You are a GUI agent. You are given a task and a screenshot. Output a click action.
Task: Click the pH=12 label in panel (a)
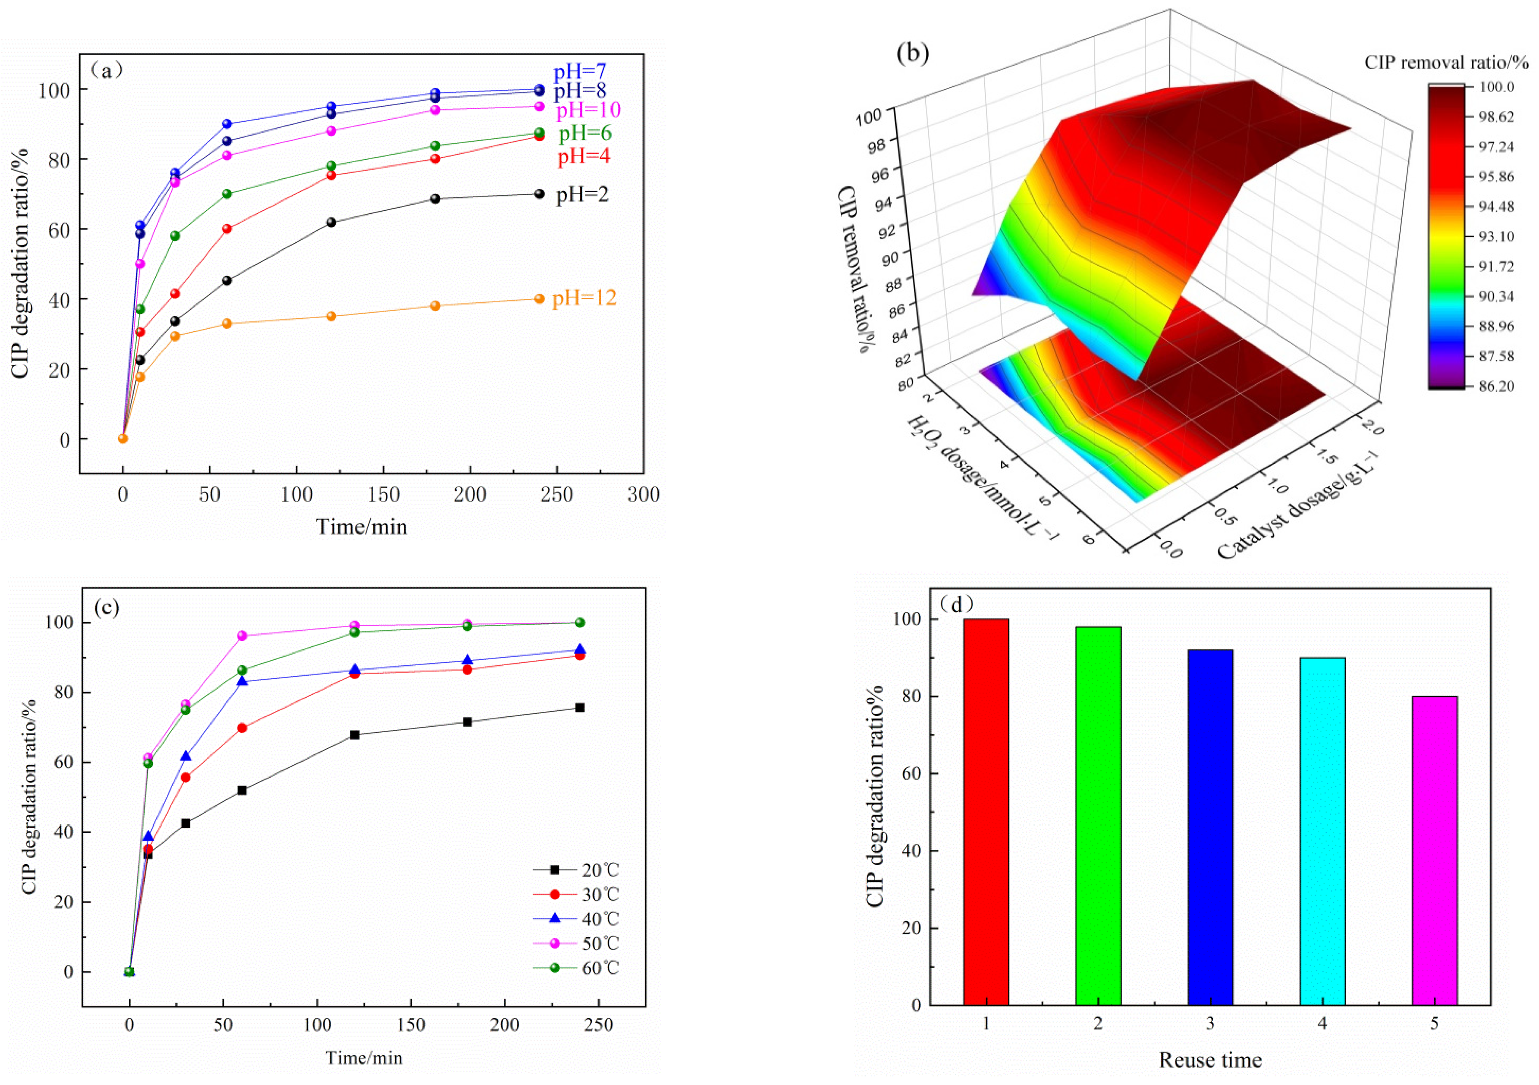click(584, 298)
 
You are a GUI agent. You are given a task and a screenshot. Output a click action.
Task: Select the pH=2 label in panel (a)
click(582, 195)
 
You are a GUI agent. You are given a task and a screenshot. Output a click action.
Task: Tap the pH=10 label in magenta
click(588, 110)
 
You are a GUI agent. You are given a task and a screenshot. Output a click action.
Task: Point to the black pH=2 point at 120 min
click(331, 222)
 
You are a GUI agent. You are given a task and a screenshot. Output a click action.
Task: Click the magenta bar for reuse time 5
click(1434, 850)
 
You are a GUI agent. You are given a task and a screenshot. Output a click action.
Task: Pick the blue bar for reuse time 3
click(1210, 827)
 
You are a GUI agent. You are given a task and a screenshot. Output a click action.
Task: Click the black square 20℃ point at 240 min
click(580, 708)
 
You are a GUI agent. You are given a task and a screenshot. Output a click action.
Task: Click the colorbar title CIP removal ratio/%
click(1446, 62)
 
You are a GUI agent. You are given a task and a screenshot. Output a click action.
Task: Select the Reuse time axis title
click(1210, 1060)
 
